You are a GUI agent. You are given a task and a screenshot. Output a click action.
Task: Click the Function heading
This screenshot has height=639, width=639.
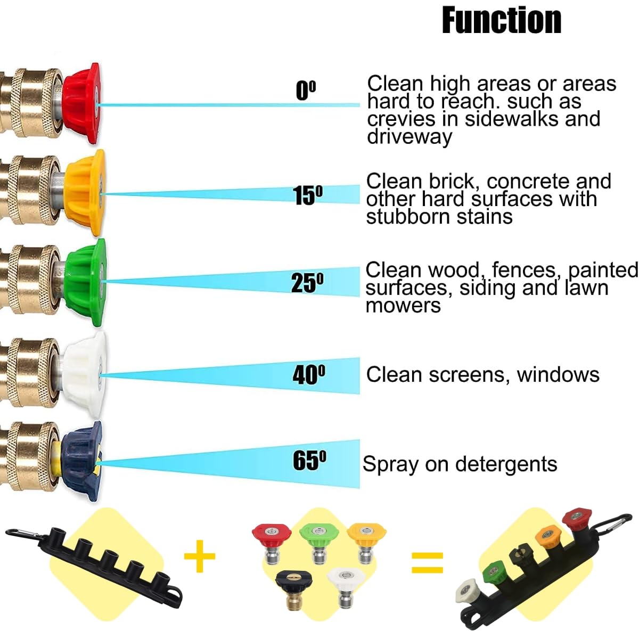pyautogui.click(x=502, y=20)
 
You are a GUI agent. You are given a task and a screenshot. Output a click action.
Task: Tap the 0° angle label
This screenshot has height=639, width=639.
pyautogui.click(x=306, y=91)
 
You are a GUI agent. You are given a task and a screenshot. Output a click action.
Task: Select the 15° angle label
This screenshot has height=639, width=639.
pyautogui.click(x=307, y=195)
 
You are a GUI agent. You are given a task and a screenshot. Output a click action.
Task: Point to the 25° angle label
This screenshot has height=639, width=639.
pyautogui.click(x=307, y=283)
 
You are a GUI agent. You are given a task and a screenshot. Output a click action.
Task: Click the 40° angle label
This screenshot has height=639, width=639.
pyautogui.click(x=309, y=375)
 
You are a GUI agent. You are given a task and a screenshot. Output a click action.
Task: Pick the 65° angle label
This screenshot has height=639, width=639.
pyautogui.click(x=309, y=460)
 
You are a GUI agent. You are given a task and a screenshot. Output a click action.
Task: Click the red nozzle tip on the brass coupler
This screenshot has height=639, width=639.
pyautogui.click(x=81, y=103)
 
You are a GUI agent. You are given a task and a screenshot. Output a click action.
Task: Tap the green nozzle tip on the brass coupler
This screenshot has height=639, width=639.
pyautogui.click(x=86, y=283)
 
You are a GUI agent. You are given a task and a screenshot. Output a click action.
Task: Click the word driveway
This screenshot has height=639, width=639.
pyautogui.click(x=409, y=136)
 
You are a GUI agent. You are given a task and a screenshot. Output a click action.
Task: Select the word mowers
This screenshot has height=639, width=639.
pyautogui.click(x=403, y=306)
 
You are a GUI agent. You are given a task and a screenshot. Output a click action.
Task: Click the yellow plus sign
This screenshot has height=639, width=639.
pyautogui.click(x=200, y=556)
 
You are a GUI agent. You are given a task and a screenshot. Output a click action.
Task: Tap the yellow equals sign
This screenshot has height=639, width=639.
pyautogui.click(x=428, y=563)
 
